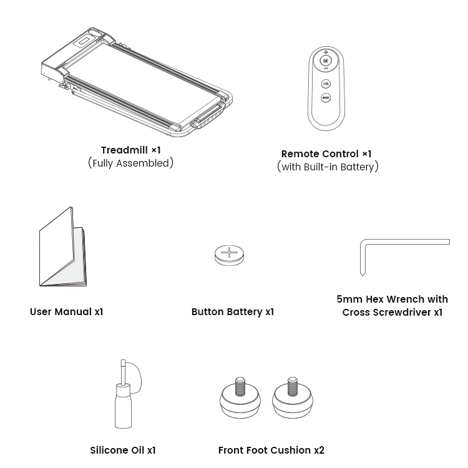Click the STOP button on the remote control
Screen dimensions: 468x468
click(x=326, y=97)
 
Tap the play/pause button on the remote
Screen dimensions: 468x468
click(x=326, y=84)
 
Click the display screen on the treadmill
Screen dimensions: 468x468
click(x=84, y=41)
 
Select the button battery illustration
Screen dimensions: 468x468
click(x=229, y=255)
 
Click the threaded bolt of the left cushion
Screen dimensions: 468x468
click(x=240, y=386)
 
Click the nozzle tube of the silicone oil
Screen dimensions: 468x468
click(x=123, y=372)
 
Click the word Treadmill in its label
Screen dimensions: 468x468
click(x=124, y=150)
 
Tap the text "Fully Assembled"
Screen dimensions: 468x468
click(x=131, y=163)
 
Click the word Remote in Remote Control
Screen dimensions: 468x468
click(x=301, y=154)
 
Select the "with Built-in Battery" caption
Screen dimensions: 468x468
click(x=328, y=167)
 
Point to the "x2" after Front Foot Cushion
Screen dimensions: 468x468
click(x=319, y=450)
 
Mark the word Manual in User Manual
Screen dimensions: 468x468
click(x=73, y=311)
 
